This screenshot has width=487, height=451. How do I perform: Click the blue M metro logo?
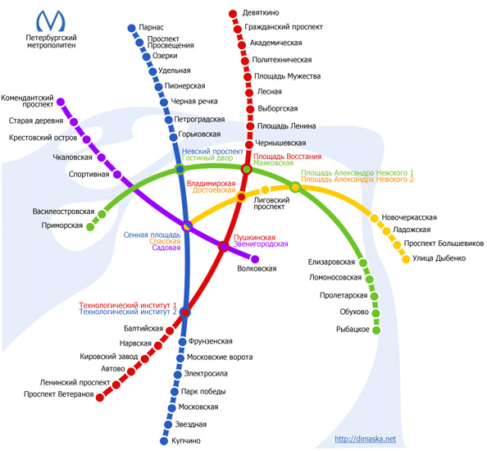click(51, 20)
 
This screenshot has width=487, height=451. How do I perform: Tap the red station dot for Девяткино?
click(233, 14)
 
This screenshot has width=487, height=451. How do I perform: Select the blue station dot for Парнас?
click(132, 28)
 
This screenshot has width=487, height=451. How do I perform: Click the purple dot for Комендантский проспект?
click(61, 102)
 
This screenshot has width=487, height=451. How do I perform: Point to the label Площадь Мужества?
click(287, 76)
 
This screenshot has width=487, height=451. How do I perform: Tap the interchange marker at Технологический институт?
click(185, 312)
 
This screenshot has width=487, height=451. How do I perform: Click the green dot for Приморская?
click(90, 227)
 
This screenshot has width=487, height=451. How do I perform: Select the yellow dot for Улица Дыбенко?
click(406, 259)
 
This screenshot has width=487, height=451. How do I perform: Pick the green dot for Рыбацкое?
click(376, 330)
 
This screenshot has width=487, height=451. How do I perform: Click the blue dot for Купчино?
click(164, 441)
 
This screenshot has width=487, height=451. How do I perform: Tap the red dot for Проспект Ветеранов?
click(100, 397)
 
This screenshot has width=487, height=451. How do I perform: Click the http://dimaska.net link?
click(366, 439)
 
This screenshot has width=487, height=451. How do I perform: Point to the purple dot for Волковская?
click(255, 259)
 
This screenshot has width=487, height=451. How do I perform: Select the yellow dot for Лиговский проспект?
click(265, 189)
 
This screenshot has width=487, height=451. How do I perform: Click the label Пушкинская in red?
click(254, 238)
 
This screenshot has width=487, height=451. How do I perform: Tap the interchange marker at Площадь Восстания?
click(247, 169)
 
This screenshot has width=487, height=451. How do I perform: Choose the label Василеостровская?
click(63, 212)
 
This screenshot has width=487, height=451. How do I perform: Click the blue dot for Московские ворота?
click(180, 358)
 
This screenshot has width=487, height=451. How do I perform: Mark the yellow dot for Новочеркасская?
click(374, 218)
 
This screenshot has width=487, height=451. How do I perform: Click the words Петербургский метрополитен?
click(51, 41)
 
